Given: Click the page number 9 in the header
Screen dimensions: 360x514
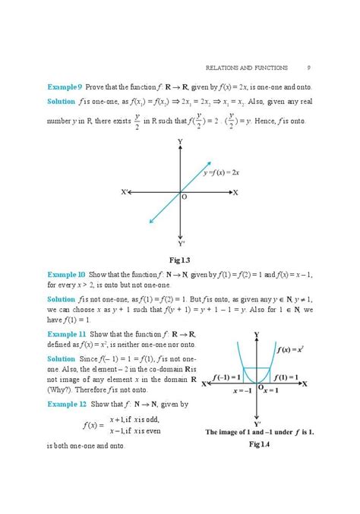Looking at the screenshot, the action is click(x=308, y=66).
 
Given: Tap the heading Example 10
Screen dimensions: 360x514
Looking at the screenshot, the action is click(x=66, y=273).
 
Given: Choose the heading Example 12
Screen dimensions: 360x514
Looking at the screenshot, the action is click(x=66, y=405).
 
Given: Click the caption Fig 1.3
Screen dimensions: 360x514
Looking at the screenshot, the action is click(x=181, y=260).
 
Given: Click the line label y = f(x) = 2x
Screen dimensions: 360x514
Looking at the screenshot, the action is click(x=222, y=173).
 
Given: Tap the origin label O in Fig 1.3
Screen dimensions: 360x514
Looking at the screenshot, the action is click(x=185, y=197).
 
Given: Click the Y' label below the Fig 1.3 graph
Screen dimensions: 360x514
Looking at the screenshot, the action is click(x=182, y=244).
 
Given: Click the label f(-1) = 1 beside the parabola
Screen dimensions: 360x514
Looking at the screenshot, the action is click(x=226, y=377).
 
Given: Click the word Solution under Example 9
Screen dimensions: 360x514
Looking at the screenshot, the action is click(x=61, y=101).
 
